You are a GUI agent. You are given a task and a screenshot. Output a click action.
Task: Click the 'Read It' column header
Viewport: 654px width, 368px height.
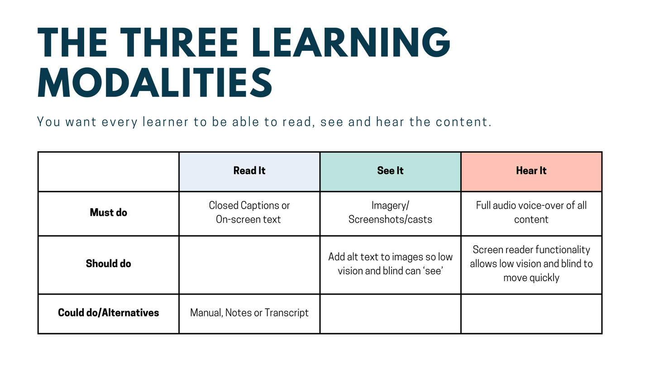pyautogui.click(x=249, y=171)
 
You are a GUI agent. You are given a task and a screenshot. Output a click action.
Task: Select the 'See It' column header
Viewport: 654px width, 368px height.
pyautogui.click(x=390, y=171)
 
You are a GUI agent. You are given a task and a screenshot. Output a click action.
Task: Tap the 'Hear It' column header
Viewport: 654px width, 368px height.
pyautogui.click(x=531, y=171)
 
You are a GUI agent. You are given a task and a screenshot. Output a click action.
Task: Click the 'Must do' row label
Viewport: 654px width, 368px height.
pyautogui.click(x=109, y=212)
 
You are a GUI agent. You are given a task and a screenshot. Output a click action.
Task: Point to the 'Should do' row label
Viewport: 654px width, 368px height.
pyautogui.click(x=109, y=263)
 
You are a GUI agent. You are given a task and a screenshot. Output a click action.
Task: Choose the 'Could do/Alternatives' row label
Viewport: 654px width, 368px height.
pyautogui.click(x=109, y=313)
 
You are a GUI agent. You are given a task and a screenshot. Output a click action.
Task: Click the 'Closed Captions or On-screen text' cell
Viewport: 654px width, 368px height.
pyautogui.click(x=249, y=212)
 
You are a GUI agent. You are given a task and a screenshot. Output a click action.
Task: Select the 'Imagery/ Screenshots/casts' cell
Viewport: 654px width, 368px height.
pyautogui.click(x=390, y=212)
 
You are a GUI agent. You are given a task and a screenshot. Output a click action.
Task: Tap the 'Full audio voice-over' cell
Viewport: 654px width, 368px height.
pyautogui.click(x=531, y=212)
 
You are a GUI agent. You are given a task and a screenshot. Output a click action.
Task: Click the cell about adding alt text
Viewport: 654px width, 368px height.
pyautogui.click(x=390, y=264)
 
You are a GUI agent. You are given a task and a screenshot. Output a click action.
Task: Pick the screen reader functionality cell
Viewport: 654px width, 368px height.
pyautogui.click(x=531, y=263)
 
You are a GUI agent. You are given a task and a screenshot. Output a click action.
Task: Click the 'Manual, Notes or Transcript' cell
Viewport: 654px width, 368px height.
pyautogui.click(x=249, y=313)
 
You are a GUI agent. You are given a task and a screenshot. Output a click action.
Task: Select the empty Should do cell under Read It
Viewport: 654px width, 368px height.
pyautogui.click(x=249, y=265)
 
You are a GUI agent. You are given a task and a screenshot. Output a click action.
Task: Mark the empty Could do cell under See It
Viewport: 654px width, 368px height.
pyautogui.click(x=390, y=314)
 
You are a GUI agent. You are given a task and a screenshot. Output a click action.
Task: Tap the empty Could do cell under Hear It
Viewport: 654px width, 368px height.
pyautogui.click(x=531, y=314)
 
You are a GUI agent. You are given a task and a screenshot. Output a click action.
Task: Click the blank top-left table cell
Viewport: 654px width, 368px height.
pyautogui.click(x=109, y=172)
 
